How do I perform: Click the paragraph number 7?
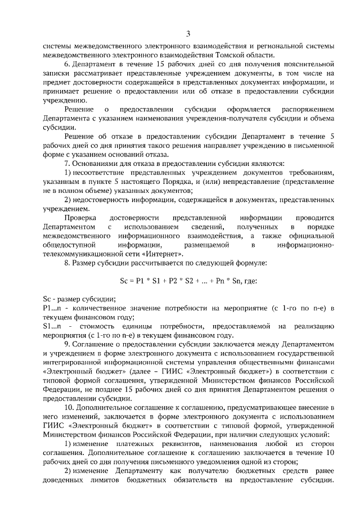pyautogui.click(x=67, y=163)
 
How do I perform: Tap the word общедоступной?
pyautogui.click(x=69, y=245)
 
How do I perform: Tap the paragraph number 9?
pyautogui.click(x=67, y=345)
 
